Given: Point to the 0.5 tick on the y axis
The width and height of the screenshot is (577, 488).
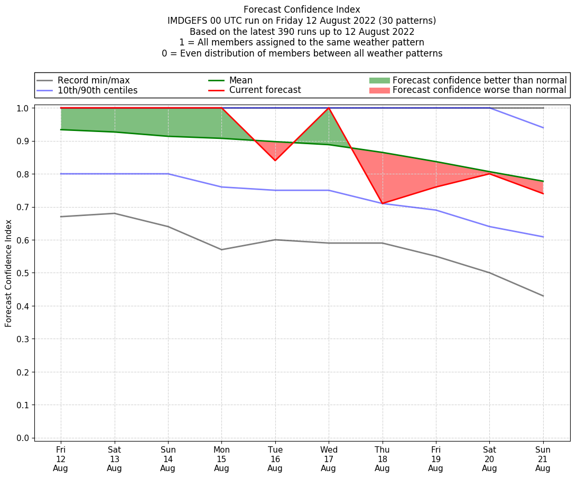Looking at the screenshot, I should [24, 273].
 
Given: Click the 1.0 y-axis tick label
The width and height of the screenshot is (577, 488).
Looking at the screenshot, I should [24, 108].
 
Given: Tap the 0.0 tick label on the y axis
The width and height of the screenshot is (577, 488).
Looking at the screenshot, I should [24, 438].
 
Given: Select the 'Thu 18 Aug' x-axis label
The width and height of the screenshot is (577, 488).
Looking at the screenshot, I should [382, 458].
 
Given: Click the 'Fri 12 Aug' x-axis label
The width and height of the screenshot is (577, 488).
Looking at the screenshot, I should [61, 458].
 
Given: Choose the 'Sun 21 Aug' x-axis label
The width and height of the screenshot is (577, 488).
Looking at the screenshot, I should [543, 458].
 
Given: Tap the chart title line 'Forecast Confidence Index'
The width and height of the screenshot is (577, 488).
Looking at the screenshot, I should [302, 10].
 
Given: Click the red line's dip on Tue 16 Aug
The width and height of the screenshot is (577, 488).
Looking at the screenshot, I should [275, 160].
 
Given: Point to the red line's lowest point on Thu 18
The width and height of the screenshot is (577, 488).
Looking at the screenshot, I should [382, 203].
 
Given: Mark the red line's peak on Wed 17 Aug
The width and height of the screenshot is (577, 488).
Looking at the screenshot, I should [329, 108].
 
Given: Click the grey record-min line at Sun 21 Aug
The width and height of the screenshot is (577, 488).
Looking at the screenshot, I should [543, 296].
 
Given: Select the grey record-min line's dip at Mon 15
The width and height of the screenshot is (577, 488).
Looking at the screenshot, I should [221, 249].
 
